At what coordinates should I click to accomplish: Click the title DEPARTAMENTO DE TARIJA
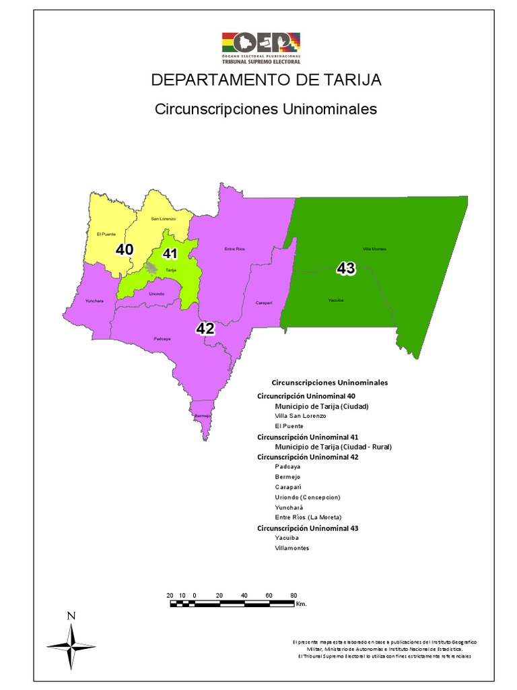coord(266,80)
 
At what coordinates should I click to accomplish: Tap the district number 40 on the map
coord(125,249)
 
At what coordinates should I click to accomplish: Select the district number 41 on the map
coord(170,254)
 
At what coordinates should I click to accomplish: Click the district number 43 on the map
coord(345,269)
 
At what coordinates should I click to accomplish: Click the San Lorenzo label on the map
coord(163,219)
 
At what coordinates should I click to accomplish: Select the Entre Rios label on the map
coord(234,249)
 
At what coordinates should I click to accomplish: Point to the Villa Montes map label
coord(374,249)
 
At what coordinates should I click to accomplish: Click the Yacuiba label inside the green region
coord(336,301)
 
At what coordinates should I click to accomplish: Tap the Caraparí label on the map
coord(263,303)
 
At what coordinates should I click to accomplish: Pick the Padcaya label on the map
coord(162,339)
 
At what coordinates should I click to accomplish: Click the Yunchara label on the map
coord(94,301)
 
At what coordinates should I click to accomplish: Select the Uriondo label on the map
coord(156,294)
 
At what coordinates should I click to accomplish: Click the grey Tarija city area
coord(152,268)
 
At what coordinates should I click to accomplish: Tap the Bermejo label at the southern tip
coord(203,416)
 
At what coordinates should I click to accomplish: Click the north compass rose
coord(71,644)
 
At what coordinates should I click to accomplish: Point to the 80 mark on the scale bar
coord(294,596)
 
